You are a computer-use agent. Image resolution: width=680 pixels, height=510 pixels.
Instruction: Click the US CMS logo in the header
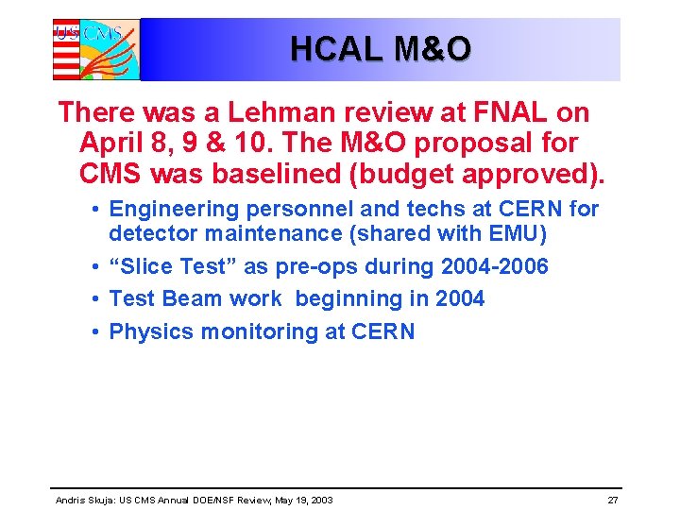click(95, 49)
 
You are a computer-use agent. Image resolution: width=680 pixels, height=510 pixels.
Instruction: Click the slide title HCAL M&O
click(380, 49)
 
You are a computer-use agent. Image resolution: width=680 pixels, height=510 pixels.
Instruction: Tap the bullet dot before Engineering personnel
click(97, 209)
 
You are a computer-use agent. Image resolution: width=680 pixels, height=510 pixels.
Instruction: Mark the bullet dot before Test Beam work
click(97, 299)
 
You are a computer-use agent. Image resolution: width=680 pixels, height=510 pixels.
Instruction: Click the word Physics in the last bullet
click(148, 331)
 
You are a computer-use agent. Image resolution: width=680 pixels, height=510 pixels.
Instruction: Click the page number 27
click(612, 500)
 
